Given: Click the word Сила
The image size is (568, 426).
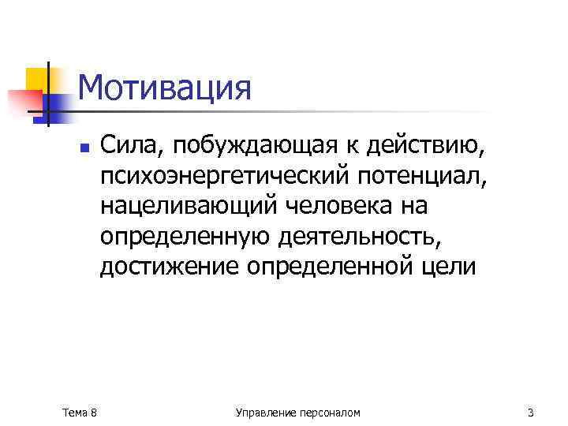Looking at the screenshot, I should [x=128, y=144].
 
